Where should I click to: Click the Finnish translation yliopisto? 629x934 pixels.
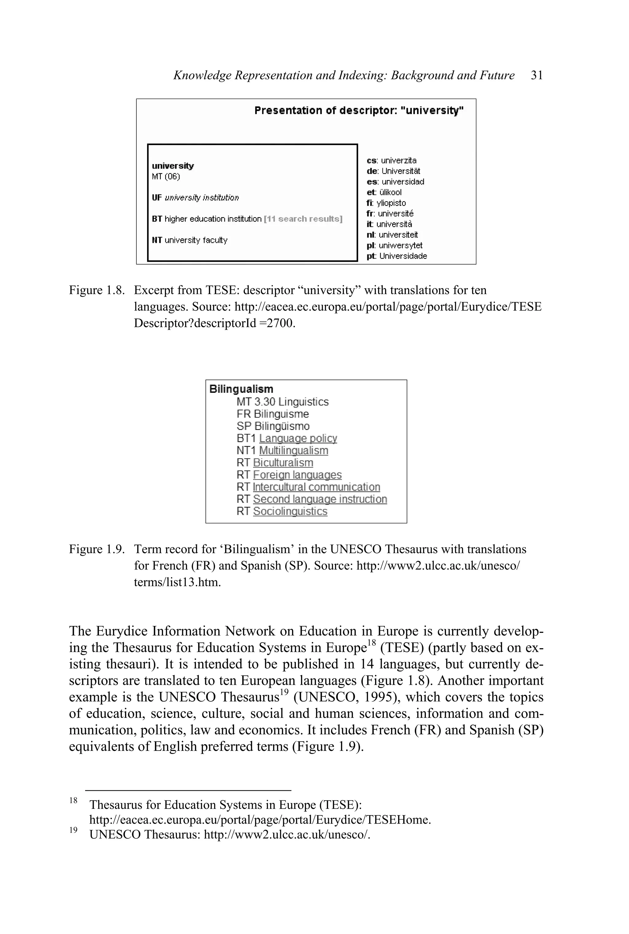[x=391, y=203]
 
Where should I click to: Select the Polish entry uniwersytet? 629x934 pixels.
[x=400, y=245]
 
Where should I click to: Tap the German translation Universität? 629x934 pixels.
[x=400, y=171]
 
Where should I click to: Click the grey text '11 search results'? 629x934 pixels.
[x=303, y=219]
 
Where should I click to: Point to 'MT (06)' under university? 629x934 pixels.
[x=166, y=177]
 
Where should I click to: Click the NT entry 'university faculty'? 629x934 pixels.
[x=196, y=240]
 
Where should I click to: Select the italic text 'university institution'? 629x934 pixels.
[x=201, y=198]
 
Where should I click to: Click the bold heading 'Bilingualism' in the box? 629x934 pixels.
[x=241, y=389]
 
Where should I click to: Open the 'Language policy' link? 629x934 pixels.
[x=298, y=438]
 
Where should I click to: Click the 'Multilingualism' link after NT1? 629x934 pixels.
[x=293, y=450]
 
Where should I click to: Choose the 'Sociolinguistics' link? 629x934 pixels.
[x=290, y=511]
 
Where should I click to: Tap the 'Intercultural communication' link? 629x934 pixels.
[x=316, y=487]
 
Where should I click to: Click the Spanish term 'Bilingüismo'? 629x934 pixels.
[x=282, y=426]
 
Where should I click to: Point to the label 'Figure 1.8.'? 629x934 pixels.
[x=96, y=290]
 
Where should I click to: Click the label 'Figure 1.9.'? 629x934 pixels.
[x=96, y=549]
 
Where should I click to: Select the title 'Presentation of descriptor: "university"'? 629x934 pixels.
[x=359, y=111]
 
